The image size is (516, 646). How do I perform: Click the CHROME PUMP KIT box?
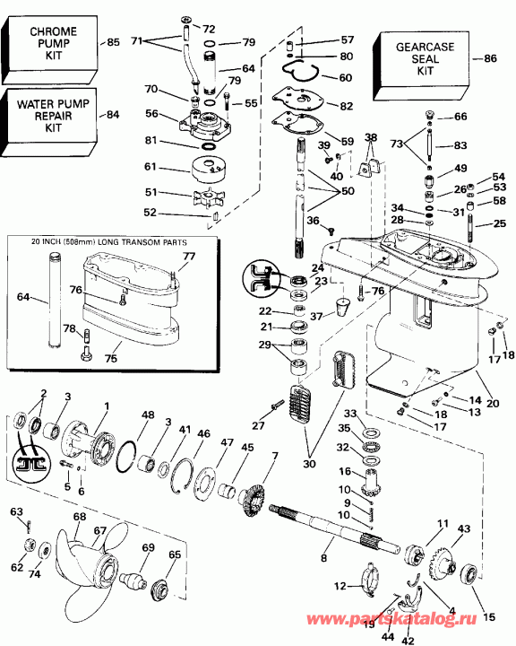point(49,43)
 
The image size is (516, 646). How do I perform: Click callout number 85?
point(113,42)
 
